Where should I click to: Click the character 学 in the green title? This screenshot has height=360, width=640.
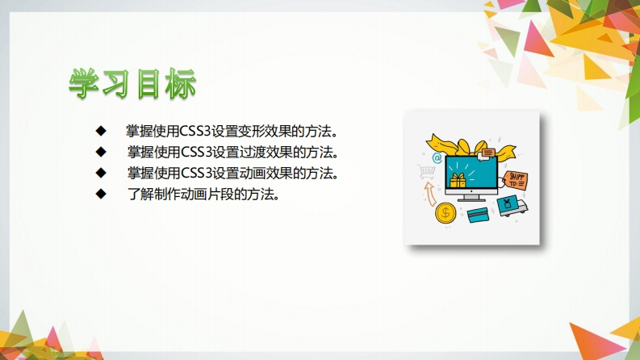(84, 84)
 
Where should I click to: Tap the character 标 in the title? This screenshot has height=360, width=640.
(181, 84)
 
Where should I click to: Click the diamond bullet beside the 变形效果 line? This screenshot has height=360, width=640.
(101, 131)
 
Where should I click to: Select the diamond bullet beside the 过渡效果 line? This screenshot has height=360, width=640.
(101, 152)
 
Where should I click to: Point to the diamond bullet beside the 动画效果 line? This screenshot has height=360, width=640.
(101, 173)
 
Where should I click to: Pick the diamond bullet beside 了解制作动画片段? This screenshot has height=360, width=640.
(101, 194)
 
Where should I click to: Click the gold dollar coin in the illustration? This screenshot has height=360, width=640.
(445, 212)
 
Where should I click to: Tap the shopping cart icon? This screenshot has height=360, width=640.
(426, 171)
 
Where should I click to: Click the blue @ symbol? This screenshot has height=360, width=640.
(437, 157)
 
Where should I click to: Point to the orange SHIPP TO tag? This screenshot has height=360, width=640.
(515, 181)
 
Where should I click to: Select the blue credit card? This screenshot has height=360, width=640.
(478, 215)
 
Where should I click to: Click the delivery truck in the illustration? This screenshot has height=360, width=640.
(512, 206)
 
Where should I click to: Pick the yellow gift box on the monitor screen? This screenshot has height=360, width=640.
(458, 181)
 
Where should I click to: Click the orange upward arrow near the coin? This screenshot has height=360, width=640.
(430, 194)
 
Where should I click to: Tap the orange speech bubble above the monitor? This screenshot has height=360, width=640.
(487, 153)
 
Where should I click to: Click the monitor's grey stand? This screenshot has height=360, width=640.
(471, 198)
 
